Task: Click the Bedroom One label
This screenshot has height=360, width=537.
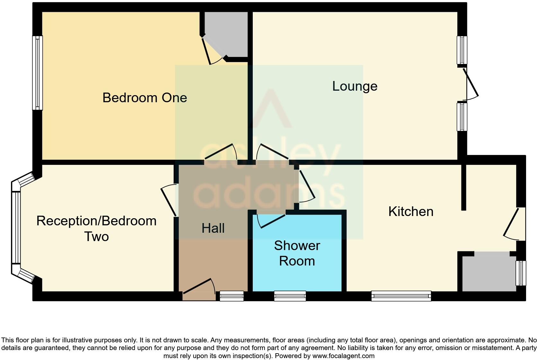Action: tap(145, 98)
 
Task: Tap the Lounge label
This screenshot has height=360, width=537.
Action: tap(355, 86)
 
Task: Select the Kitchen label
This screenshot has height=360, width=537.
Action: tap(410, 212)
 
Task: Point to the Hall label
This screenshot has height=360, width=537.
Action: tap(213, 228)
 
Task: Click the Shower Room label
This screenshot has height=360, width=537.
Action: tap(297, 253)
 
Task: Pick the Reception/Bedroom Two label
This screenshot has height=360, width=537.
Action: tap(96, 229)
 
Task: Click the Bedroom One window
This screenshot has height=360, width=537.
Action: tap(37, 73)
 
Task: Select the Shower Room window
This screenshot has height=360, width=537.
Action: tap(290, 296)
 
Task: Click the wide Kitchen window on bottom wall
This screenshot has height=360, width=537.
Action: tap(401, 296)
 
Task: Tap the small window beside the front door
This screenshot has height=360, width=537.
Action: tap(232, 296)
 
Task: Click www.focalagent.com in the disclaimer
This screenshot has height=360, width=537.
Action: tap(343, 356)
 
